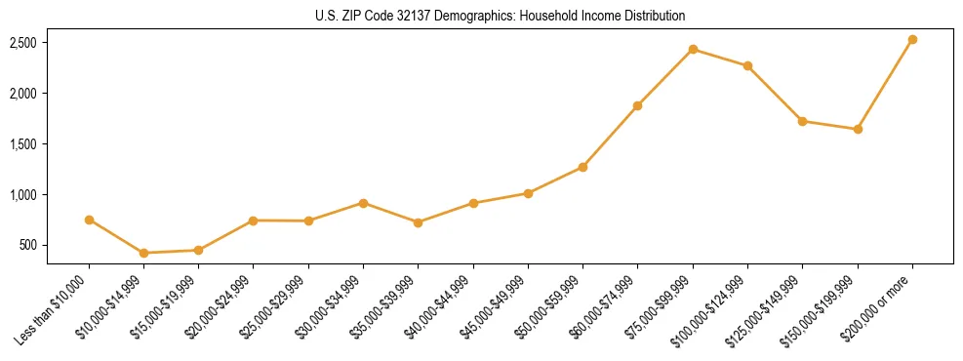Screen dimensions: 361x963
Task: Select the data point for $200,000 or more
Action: [912, 40]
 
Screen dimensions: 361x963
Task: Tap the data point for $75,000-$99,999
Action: [693, 50]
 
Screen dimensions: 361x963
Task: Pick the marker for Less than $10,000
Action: [89, 220]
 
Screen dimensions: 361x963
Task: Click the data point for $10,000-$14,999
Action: [143, 253]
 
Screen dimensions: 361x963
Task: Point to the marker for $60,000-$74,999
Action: [637, 105]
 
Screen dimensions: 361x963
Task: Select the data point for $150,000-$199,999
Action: [858, 129]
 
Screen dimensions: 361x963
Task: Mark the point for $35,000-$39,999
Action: [418, 222]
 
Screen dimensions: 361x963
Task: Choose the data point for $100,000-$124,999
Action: [747, 65]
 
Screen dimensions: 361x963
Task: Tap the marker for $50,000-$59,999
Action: [582, 167]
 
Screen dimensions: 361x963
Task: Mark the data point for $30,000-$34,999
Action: [363, 203]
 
